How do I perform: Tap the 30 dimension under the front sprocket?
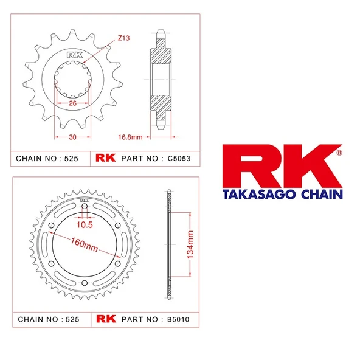pyautogui.click(x=72, y=137)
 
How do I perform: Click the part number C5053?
pyautogui.click(x=171, y=158)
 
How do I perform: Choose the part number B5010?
pyautogui.click(x=171, y=319)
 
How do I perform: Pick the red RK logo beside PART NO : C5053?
pyautogui.click(x=105, y=158)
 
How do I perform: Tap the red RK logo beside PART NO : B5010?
pyautogui.click(x=105, y=319)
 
